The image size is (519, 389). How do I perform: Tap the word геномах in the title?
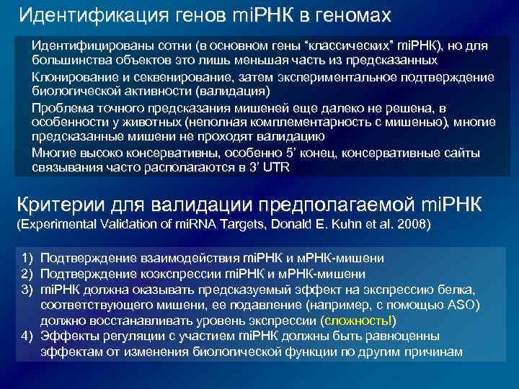(x=352, y=15)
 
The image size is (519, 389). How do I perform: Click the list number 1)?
(x=27, y=257)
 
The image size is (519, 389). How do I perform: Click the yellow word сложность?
(x=358, y=320)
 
